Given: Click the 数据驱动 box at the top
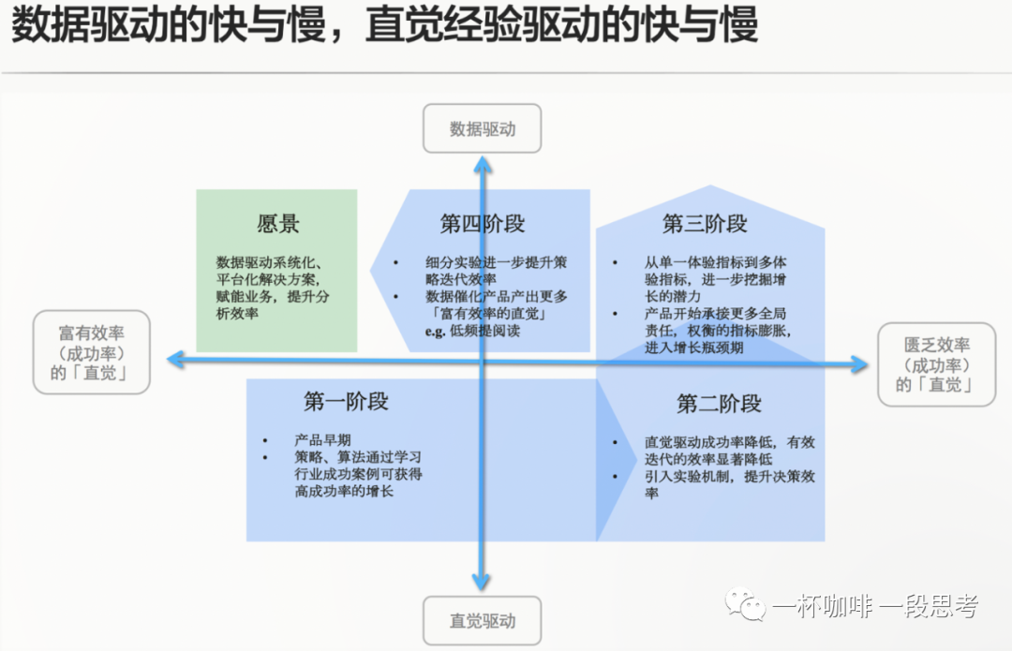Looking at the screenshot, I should pyautogui.click(x=483, y=128).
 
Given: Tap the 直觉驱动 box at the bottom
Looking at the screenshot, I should pyautogui.click(x=483, y=620).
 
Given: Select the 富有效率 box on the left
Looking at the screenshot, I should pyautogui.click(x=92, y=352).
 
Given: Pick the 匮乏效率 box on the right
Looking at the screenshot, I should pyautogui.click(x=936, y=365).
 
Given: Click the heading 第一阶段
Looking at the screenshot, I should pyautogui.click(x=346, y=402).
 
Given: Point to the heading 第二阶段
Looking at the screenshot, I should pyautogui.click(x=719, y=404).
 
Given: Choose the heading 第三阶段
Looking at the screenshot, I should pyautogui.click(x=705, y=225).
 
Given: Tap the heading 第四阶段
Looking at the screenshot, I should pyautogui.click(x=483, y=225).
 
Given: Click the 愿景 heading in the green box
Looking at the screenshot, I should pyautogui.click(x=278, y=225).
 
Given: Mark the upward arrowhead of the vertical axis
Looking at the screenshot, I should pyautogui.click(x=483, y=165).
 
